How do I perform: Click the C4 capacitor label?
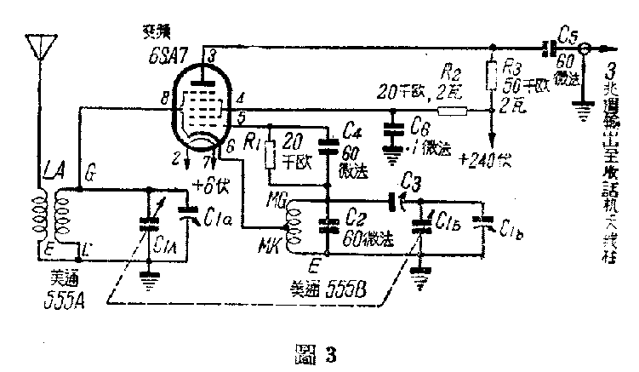(351, 129)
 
